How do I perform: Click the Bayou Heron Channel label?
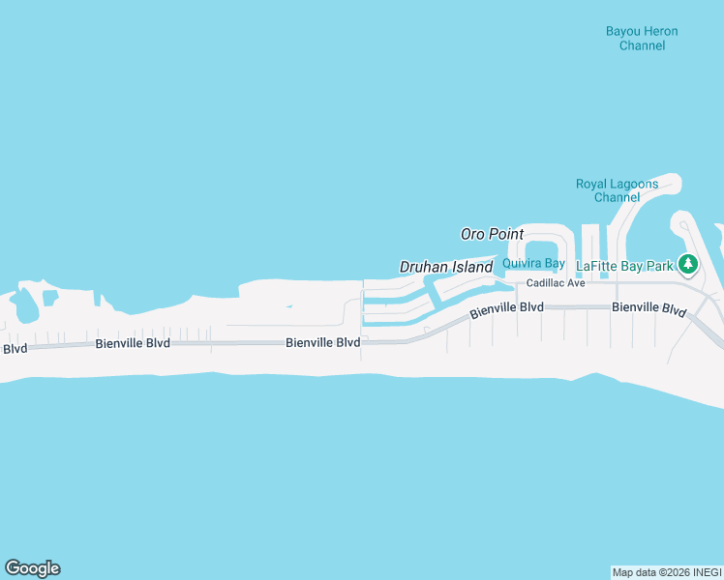[x=642, y=39]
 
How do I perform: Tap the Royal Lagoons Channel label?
[x=617, y=190]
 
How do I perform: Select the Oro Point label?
[x=492, y=234]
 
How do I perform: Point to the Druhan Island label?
[x=446, y=267]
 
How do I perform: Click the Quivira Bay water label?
[x=533, y=263]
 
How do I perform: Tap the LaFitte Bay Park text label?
[x=624, y=265]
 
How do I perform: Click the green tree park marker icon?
[x=688, y=263]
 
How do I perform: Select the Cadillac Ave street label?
[x=556, y=283]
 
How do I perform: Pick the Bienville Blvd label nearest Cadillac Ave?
[x=507, y=310]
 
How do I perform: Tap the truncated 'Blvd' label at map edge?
[x=14, y=349]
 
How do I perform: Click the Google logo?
[x=32, y=568]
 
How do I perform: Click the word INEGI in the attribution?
[x=707, y=572]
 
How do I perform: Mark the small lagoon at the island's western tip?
[x=24, y=307]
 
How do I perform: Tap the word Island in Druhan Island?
[x=472, y=267]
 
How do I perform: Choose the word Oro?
[x=472, y=234]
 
